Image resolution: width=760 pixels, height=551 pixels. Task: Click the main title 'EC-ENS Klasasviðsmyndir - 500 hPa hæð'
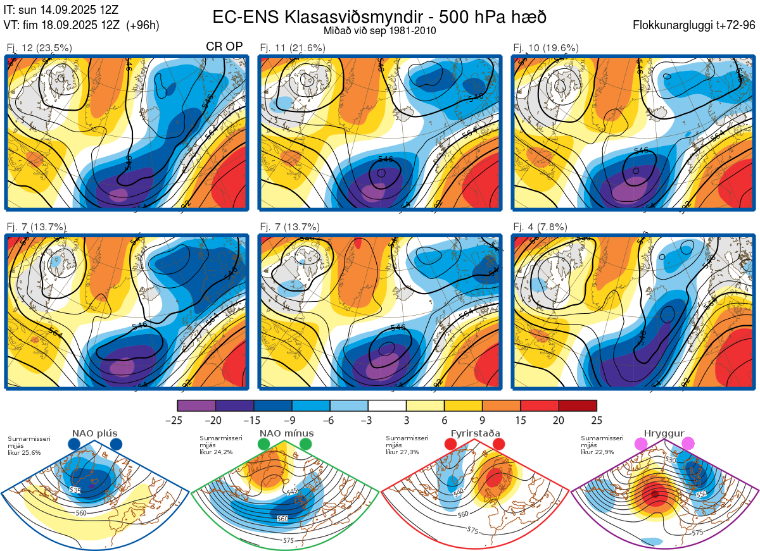379,16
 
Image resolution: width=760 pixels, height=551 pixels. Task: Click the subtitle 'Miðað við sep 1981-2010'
379,30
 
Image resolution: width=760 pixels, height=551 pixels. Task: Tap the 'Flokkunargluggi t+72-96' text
695,25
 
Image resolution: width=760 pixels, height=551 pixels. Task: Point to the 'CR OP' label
225,47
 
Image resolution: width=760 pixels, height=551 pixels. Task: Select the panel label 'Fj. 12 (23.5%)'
39,47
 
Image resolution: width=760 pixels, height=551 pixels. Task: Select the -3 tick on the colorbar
368,420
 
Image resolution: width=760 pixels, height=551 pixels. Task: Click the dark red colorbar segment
578,406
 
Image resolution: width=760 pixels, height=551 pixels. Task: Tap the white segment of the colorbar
387,406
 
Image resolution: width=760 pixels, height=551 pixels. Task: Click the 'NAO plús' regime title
94,433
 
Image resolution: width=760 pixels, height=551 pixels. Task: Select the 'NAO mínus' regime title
286,433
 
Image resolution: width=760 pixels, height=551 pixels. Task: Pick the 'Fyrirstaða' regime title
475,433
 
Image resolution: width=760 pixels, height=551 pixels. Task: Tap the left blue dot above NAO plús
74,444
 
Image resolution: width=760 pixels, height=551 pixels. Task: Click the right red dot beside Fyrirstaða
498,444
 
